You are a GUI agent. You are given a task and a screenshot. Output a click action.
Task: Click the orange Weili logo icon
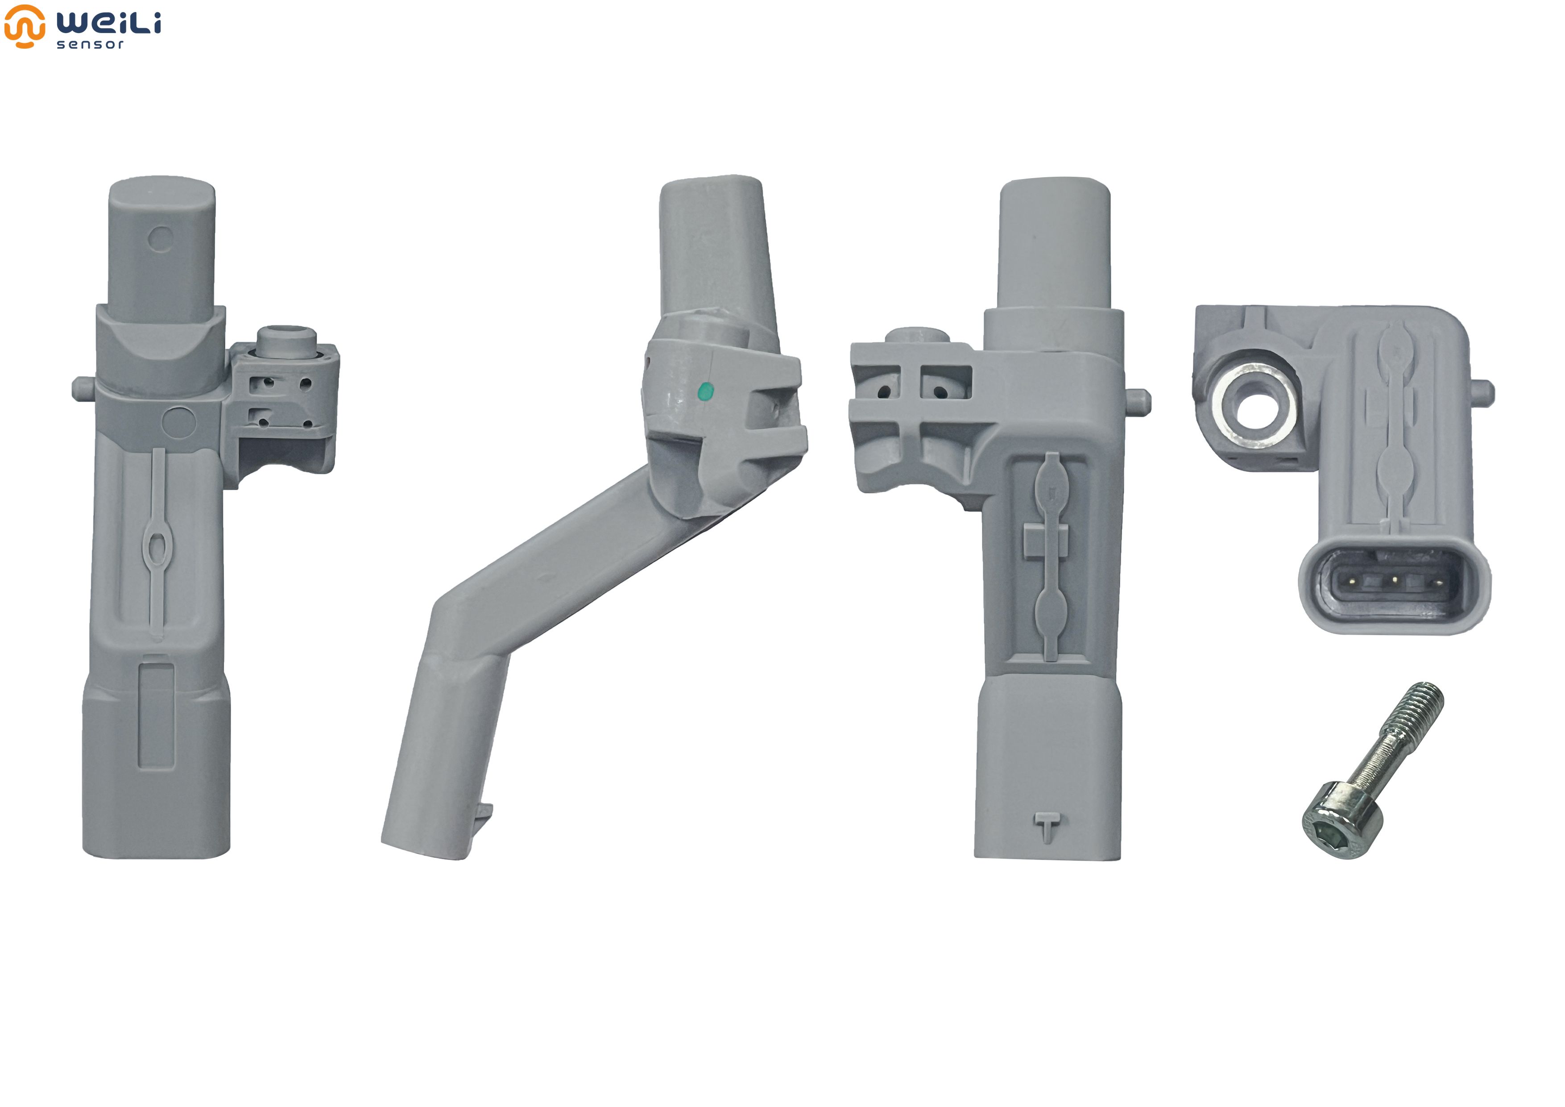click(x=25, y=26)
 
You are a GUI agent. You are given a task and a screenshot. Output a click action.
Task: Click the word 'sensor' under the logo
click(x=90, y=44)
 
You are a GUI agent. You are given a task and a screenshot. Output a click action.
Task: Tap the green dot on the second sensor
click(x=706, y=391)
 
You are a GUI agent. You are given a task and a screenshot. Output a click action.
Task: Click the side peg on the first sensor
click(x=83, y=389)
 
